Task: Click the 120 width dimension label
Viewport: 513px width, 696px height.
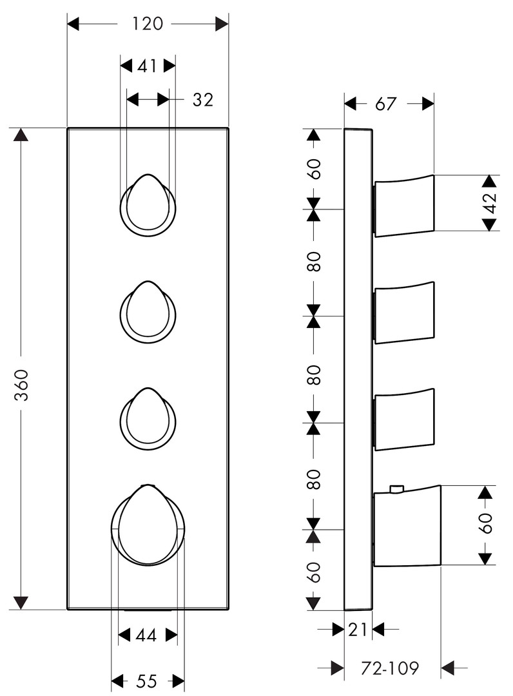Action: pyautogui.click(x=148, y=24)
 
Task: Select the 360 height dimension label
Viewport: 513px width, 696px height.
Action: pyautogui.click(x=21, y=384)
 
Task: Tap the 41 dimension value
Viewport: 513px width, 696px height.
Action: pyautogui.click(x=147, y=66)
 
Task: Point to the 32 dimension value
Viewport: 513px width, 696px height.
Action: pyautogui.click(x=203, y=100)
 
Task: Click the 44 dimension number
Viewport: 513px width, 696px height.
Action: pyautogui.click(x=146, y=635)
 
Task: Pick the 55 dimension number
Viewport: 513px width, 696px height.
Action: pyautogui.click(x=146, y=681)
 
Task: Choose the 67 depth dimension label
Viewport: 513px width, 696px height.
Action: pyautogui.click(x=385, y=104)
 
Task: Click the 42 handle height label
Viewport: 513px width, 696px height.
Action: pyautogui.click(x=490, y=203)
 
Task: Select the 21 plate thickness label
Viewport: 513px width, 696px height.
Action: pyautogui.click(x=357, y=629)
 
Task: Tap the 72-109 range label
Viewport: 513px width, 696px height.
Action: pyautogui.click(x=389, y=668)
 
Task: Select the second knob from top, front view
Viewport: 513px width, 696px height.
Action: pyautogui.click(x=148, y=312)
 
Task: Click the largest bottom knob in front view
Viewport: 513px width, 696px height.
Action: pyautogui.click(x=148, y=525)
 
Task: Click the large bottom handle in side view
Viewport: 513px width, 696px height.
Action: pyautogui.click(x=407, y=526)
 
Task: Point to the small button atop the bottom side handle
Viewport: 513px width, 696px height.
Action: pyautogui.click(x=396, y=489)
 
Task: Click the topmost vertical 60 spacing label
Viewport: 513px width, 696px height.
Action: pyautogui.click(x=315, y=169)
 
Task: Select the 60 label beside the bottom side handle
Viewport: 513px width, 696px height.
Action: pyautogui.click(x=487, y=523)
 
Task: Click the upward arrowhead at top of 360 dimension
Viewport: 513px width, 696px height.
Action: pyautogui.click(x=21, y=135)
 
